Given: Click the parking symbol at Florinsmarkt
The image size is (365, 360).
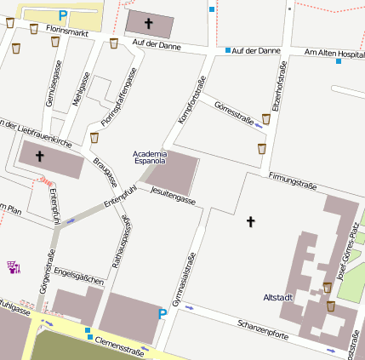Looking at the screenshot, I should click(x=62, y=14).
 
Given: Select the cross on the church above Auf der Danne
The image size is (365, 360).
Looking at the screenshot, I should click(x=149, y=23).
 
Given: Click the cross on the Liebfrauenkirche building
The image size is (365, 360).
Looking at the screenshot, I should click(x=39, y=157).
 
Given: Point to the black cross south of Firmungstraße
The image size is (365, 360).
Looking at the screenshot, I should click(x=250, y=221).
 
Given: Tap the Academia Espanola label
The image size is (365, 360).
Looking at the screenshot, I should click(x=150, y=157).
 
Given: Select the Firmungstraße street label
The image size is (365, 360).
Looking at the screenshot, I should click(x=293, y=180).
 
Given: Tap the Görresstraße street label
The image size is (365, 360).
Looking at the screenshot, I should click(x=235, y=114).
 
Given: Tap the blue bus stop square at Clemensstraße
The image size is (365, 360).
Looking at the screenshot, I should click(x=88, y=339).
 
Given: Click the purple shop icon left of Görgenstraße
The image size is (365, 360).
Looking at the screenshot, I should click(x=13, y=267).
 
